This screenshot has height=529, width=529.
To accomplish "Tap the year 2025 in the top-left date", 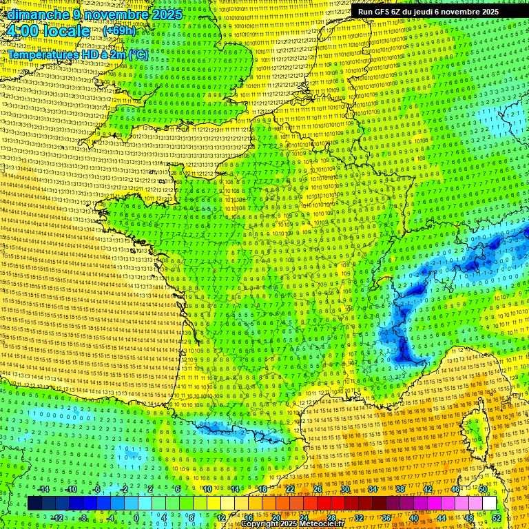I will click(166, 14).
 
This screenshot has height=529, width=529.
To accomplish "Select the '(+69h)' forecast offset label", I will click(119, 31).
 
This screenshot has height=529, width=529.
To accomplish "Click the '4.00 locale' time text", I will click(48, 31).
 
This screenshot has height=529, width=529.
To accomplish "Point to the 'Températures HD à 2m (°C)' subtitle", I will click(78, 54).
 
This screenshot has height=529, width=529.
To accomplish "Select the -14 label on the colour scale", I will click(43, 489).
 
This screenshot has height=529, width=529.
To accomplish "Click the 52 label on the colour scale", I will click(496, 518).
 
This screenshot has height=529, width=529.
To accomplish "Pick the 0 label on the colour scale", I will click(136, 518).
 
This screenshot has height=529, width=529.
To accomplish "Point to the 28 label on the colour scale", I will click(331, 518).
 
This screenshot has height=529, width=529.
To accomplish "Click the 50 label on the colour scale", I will click(483, 489).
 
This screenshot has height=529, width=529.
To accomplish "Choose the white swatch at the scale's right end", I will click(489, 504).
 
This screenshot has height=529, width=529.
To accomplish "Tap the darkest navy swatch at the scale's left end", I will click(34, 504).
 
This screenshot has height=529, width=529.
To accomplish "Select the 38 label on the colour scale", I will click(400, 489).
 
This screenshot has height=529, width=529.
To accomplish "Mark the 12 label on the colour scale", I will click(220, 518).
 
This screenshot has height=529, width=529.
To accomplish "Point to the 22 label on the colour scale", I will click(290, 489).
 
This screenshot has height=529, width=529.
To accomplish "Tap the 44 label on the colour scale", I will click(442, 518).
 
